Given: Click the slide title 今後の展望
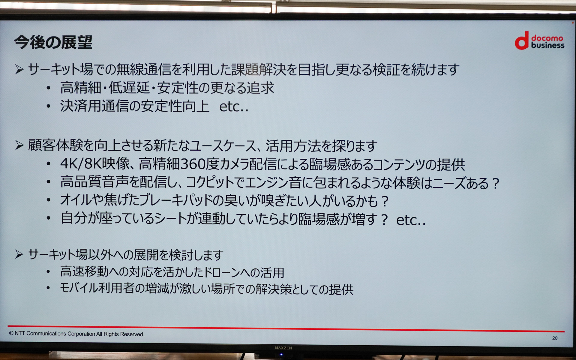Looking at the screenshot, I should (53, 42).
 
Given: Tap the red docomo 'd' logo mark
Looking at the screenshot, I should (522, 41).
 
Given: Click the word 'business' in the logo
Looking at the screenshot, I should (547, 45).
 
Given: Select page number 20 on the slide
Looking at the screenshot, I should (555, 338).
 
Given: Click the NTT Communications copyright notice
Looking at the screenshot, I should (76, 334).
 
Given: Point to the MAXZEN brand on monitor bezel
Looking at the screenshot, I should (283, 348).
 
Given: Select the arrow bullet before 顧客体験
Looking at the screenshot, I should (19, 145).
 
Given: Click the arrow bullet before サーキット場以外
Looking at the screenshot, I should (19, 255).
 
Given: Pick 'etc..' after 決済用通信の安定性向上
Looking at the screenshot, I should (234, 107).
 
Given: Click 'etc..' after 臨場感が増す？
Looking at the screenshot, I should (410, 220).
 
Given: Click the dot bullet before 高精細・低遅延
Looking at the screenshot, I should (48, 88).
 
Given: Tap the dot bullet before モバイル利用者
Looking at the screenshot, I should (48, 288).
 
